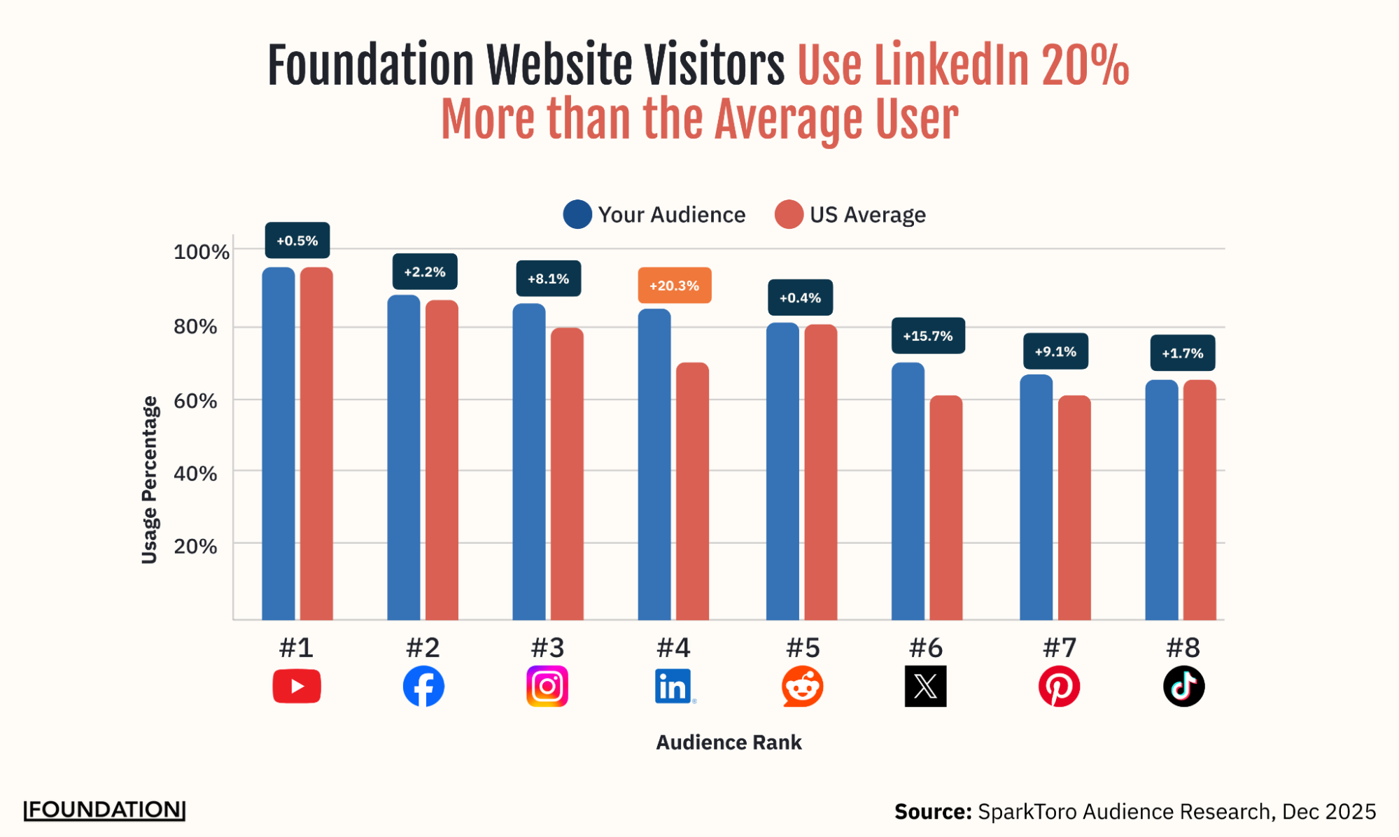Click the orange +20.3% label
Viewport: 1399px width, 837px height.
(674, 286)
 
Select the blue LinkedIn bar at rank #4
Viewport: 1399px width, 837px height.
(654, 465)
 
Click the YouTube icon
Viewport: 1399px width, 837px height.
(297, 687)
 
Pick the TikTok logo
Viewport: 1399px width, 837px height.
(1183, 687)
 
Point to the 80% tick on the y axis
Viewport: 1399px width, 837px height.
(195, 327)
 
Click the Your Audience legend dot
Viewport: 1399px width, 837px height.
(577, 214)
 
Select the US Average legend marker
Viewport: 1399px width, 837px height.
(789, 214)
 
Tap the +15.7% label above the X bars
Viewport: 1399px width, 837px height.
(927, 336)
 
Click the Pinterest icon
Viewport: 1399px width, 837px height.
(1059, 687)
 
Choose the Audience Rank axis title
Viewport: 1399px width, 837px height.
(729, 743)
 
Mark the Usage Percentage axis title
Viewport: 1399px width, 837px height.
(149, 480)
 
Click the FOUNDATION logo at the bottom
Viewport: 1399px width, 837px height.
(104, 810)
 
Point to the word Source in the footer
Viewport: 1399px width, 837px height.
(932, 812)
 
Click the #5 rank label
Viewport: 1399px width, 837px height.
(802, 648)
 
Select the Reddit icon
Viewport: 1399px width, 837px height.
(802, 687)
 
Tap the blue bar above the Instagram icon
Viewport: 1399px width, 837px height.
(528, 462)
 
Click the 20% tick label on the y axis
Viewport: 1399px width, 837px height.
(195, 547)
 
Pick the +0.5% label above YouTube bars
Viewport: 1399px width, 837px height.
(297, 241)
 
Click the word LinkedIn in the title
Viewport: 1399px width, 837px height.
(952, 66)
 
